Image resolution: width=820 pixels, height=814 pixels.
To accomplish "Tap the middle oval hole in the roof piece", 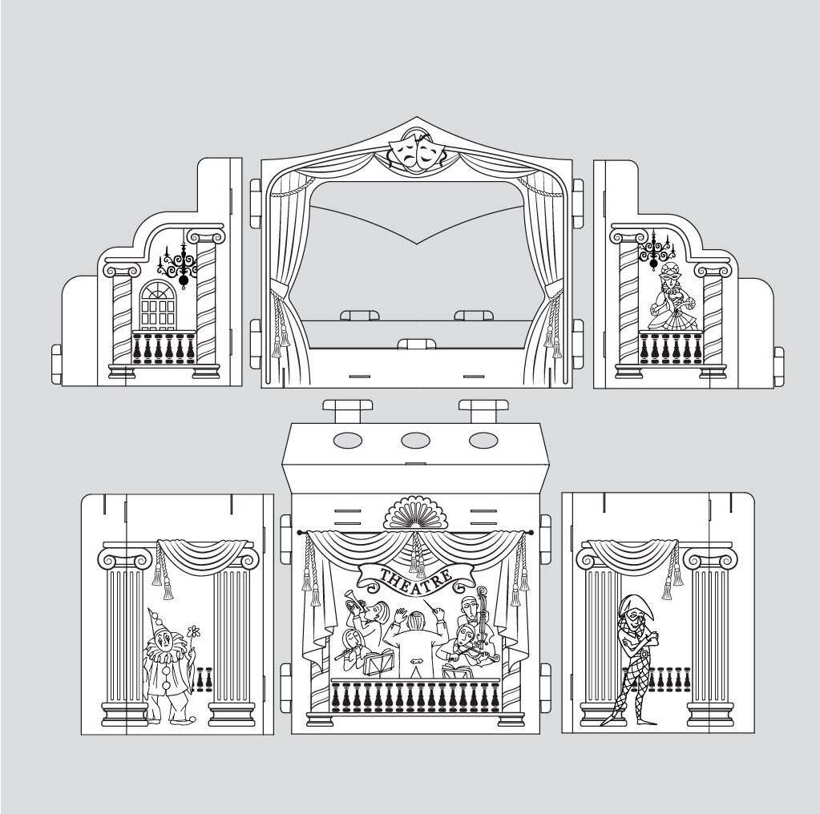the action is pos(415,440).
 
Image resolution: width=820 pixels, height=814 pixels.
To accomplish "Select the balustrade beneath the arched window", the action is pos(164,347).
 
